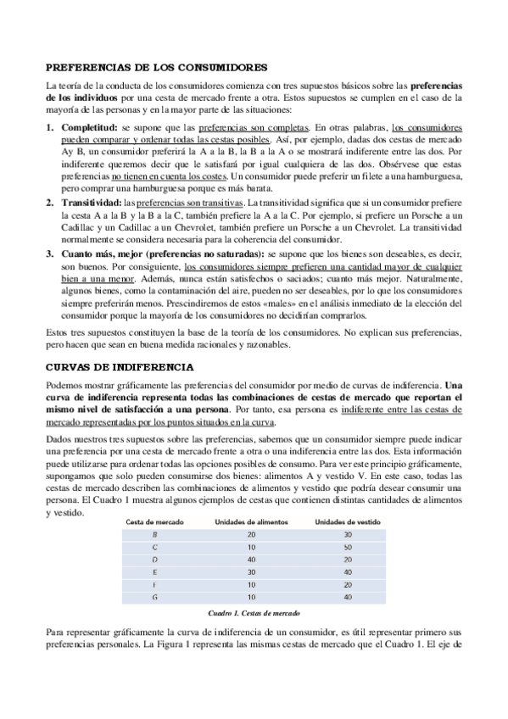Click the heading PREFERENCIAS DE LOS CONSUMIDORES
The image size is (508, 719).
(x=157, y=67)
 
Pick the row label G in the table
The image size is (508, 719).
(x=154, y=599)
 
